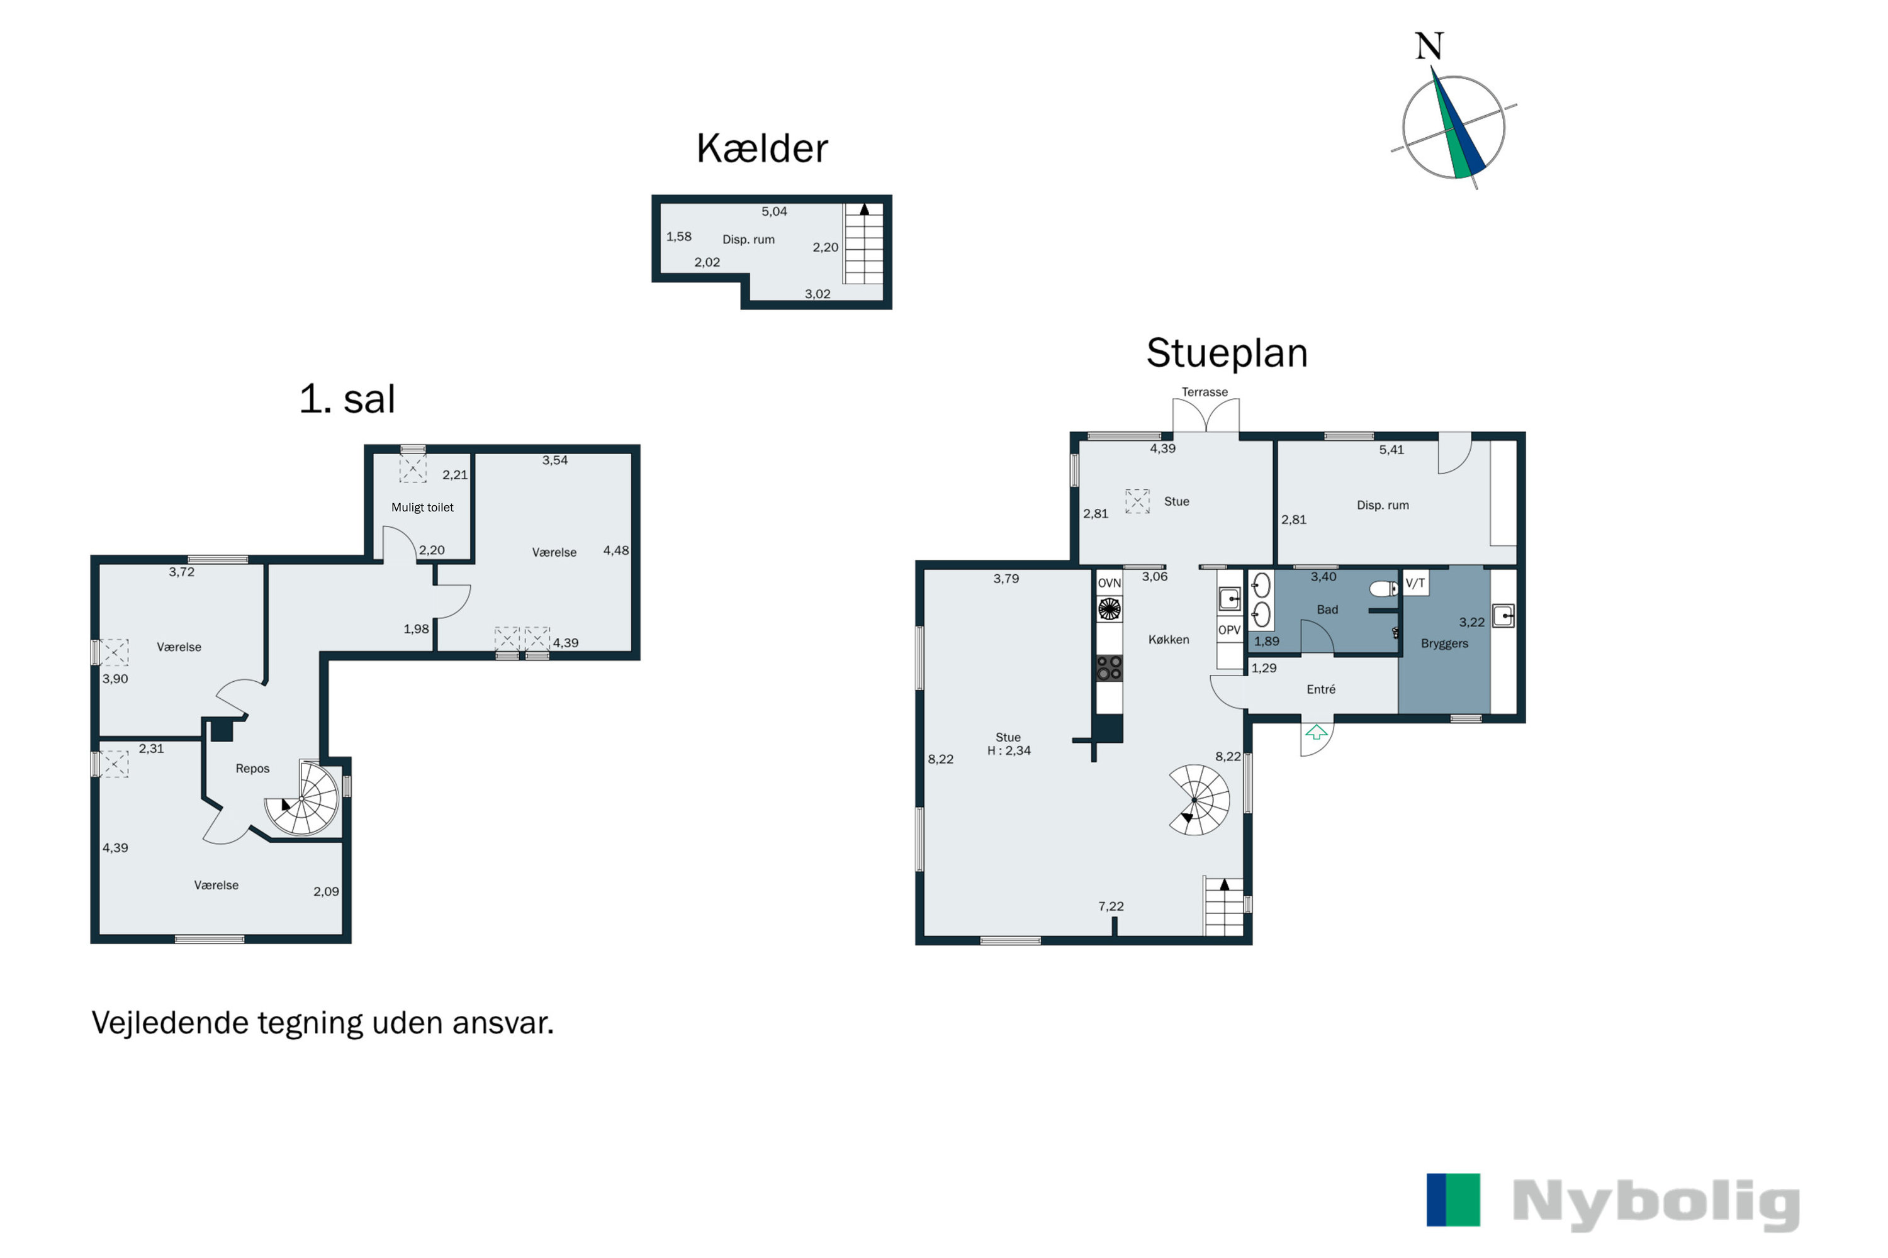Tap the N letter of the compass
point(1429,47)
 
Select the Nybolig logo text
point(1655,1203)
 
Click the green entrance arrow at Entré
point(1316,732)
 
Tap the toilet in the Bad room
point(1382,589)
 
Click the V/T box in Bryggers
point(1415,583)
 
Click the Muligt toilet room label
point(422,507)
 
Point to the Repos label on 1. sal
point(252,769)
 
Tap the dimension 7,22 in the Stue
point(1111,906)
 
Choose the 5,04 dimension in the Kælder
point(774,212)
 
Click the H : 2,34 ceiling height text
point(1009,751)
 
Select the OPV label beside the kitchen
point(1229,630)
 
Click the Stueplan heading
point(1227,353)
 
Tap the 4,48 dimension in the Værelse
point(615,550)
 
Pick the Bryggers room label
point(1444,643)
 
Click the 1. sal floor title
point(347,399)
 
